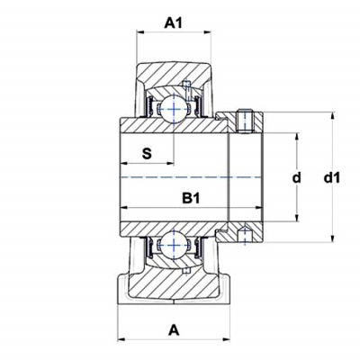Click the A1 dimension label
173,23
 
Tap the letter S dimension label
147,154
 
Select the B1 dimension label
191,198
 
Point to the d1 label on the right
332,178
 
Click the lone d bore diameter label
296,178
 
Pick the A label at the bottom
174,331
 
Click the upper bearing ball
174,109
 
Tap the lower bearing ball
174,245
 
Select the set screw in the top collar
245,122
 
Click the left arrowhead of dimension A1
140,32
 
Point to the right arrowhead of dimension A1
208,32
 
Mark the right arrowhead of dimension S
170,164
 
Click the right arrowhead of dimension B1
259,208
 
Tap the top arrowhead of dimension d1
332,116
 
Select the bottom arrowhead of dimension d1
332,238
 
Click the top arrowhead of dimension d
297,136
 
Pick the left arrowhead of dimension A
121,339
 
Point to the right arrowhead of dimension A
226,339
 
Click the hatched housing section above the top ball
174,75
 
